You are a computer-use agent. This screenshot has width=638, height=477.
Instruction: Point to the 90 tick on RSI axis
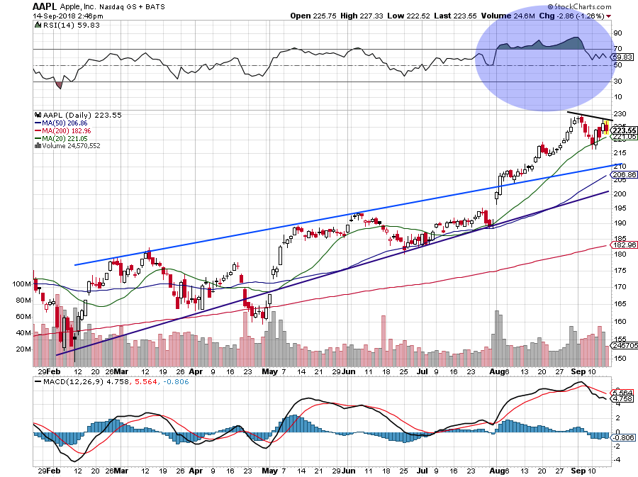(x=617, y=33)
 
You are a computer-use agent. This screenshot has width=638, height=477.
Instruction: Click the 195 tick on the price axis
(x=620, y=208)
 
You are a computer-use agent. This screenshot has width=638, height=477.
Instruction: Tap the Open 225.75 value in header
(x=309, y=15)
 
